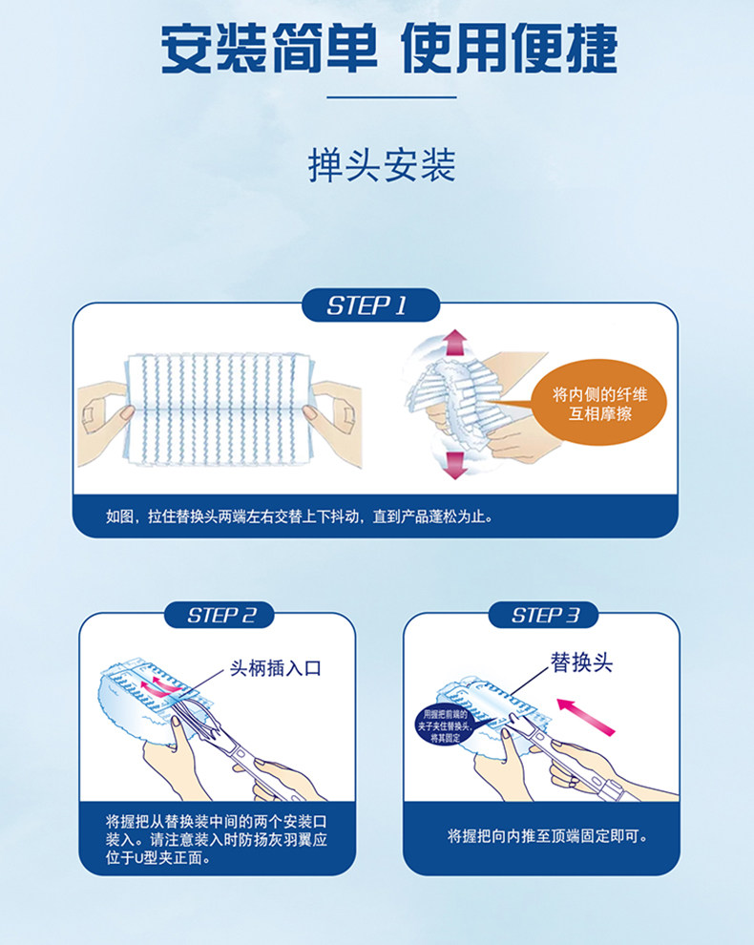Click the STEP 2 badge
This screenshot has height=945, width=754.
tap(220, 615)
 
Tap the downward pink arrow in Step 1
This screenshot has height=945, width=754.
tap(454, 465)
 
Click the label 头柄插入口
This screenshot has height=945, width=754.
tap(276, 668)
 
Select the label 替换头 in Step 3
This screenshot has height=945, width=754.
tap(580, 662)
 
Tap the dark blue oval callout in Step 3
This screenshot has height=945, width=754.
tap(449, 725)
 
